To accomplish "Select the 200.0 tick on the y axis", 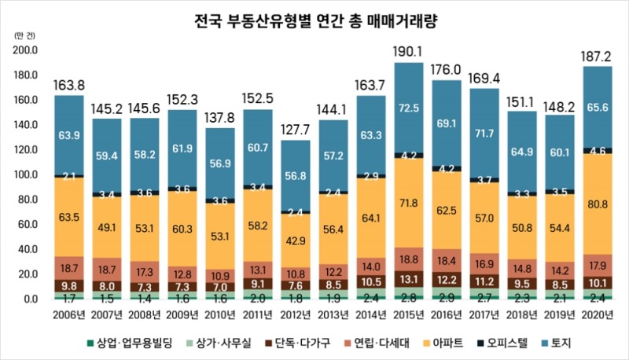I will click(26, 50).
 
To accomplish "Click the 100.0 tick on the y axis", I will click(26, 174).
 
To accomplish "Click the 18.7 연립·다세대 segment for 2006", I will click(69, 268).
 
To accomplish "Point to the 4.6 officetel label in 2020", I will click(598, 150).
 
